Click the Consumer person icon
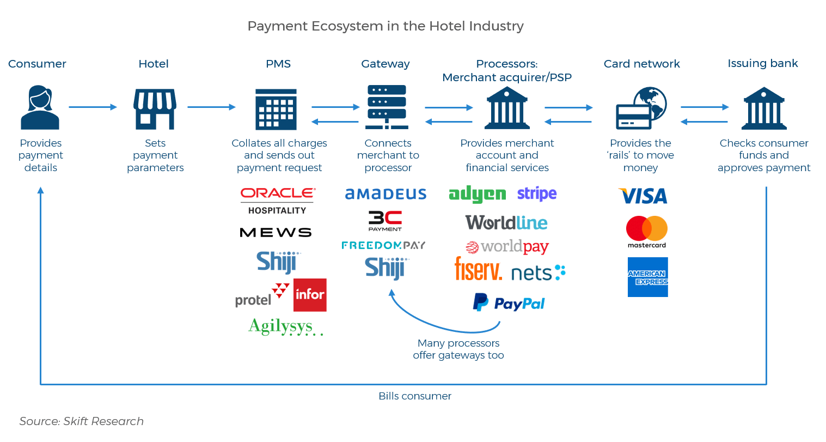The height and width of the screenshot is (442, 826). click(x=40, y=107)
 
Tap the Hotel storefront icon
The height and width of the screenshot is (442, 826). click(x=155, y=109)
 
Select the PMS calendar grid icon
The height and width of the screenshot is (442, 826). click(x=276, y=110)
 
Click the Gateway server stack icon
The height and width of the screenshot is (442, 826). click(x=387, y=107)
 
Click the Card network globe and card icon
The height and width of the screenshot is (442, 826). click(x=641, y=108)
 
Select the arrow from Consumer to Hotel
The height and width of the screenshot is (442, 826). click(x=93, y=107)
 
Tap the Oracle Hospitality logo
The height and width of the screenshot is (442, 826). click(x=278, y=201)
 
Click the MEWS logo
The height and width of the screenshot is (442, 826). click(x=276, y=233)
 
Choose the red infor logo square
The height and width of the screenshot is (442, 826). click(x=310, y=295)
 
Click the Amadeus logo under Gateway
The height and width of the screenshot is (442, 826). click(x=386, y=194)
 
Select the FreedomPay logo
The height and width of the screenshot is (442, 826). click(x=383, y=245)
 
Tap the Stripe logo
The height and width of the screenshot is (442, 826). click(x=537, y=194)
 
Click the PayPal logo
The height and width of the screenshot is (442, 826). click(x=509, y=303)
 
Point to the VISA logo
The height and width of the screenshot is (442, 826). click(x=643, y=196)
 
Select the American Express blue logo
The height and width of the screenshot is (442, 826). click(x=647, y=277)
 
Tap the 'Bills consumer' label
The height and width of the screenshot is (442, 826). click(x=415, y=396)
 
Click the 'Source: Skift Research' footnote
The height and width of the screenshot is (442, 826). click(x=82, y=421)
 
